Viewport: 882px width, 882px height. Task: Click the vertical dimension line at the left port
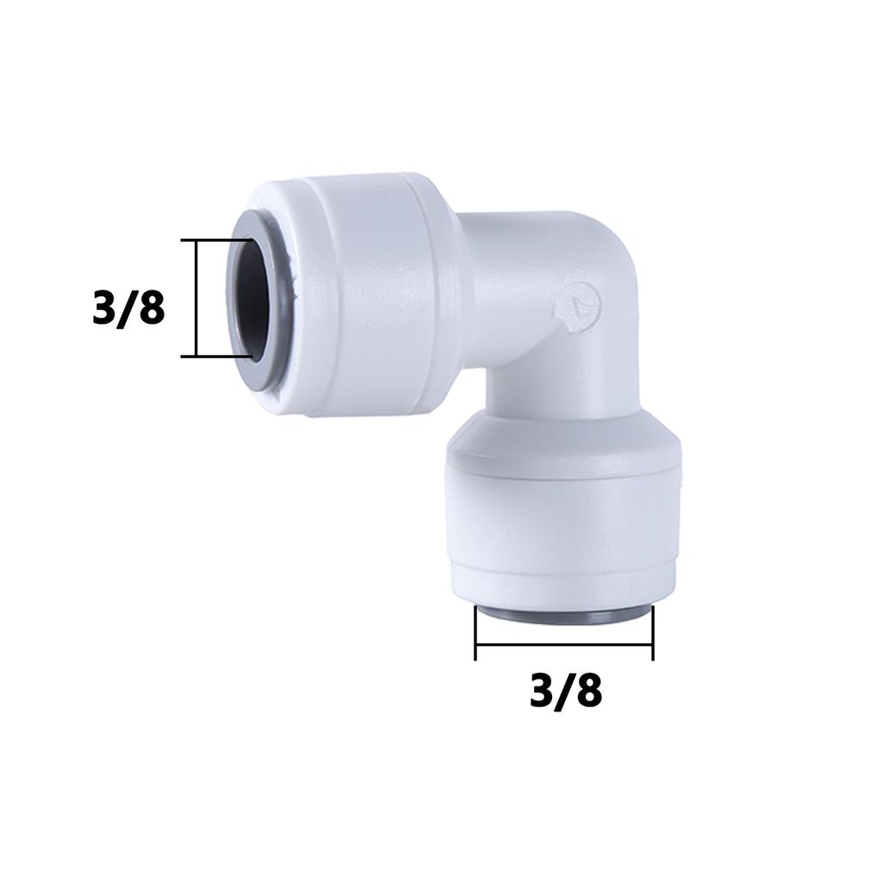(x=196, y=298)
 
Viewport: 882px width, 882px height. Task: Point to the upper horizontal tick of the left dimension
(x=216, y=240)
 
